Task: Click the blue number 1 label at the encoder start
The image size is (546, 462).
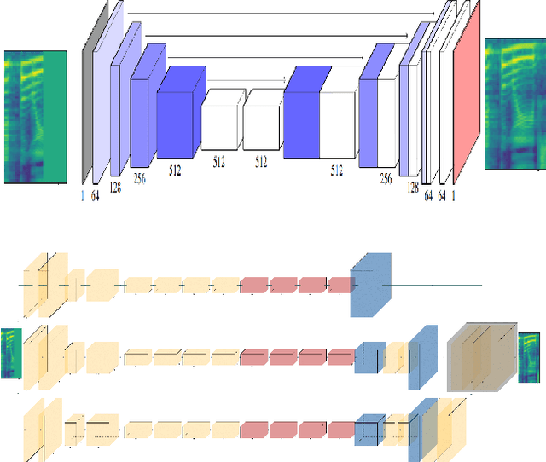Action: [83, 196]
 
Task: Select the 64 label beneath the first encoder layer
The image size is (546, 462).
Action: [95, 196]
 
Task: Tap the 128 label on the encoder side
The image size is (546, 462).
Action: [115, 188]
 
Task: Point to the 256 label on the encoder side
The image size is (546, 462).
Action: [140, 178]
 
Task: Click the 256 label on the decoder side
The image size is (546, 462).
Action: [386, 178]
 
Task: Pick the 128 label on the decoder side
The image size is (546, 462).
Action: [413, 188]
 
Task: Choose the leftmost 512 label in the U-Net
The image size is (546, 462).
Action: [175, 170]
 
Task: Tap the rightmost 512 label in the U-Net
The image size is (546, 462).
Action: [337, 170]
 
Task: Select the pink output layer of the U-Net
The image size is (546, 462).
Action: [467, 92]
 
